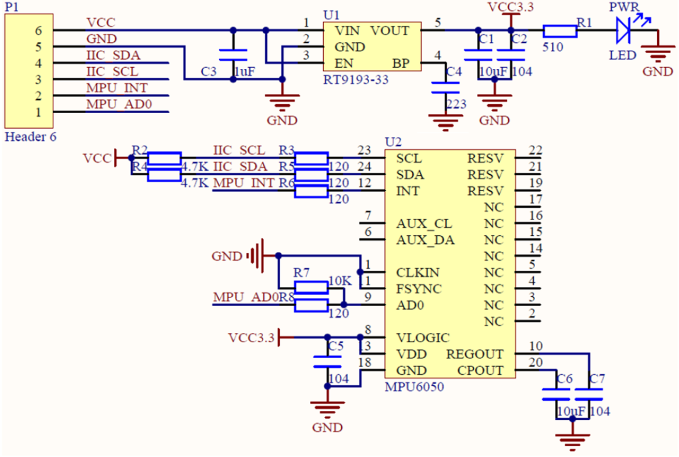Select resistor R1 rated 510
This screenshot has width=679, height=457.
pyautogui.click(x=560, y=31)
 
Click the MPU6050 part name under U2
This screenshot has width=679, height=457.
pyautogui.click(x=413, y=387)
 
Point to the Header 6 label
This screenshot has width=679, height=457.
pyautogui.click(x=30, y=137)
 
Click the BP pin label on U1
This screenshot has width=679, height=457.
pyautogui.click(x=401, y=64)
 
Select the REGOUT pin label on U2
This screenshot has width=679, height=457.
pyautogui.click(x=475, y=354)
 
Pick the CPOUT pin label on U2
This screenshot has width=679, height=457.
pyautogui.click(x=480, y=371)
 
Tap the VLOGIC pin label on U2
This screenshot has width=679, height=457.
pyautogui.click(x=423, y=338)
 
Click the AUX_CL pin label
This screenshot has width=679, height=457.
pyautogui.click(x=424, y=224)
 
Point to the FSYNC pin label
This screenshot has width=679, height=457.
pyautogui.click(x=419, y=289)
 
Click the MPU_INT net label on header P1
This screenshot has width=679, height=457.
pyautogui.click(x=116, y=88)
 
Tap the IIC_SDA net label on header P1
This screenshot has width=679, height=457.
pyautogui.click(x=113, y=55)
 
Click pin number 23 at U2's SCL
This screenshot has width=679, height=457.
pyautogui.click(x=365, y=150)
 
